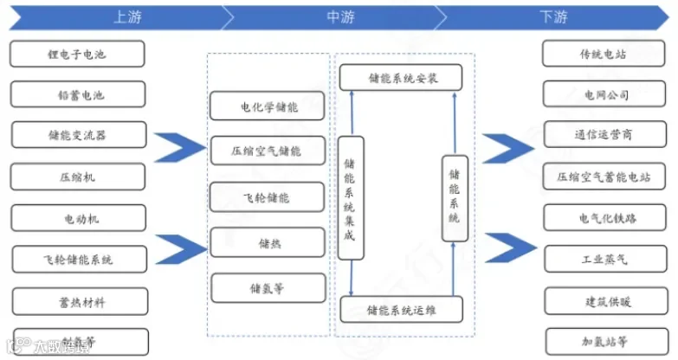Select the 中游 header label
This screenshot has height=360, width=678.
(340, 16)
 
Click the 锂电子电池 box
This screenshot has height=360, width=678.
(78, 55)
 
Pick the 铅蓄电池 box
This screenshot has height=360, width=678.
(78, 95)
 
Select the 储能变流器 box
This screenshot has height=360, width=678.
(78, 136)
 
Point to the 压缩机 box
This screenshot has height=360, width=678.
(78, 177)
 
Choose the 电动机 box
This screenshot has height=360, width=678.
(78, 218)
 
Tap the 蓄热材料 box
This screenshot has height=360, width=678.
(78, 301)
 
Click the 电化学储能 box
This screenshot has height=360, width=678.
(268, 107)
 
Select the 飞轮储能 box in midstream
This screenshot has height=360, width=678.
(268, 198)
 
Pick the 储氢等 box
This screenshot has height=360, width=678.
(268, 287)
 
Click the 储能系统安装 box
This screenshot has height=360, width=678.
(401, 77)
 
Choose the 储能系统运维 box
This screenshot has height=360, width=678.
(402, 309)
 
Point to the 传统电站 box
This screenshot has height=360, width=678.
(604, 54)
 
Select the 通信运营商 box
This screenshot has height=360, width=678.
(604, 135)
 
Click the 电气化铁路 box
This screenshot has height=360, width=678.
(604, 218)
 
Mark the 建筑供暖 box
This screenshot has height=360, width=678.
(604, 299)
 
